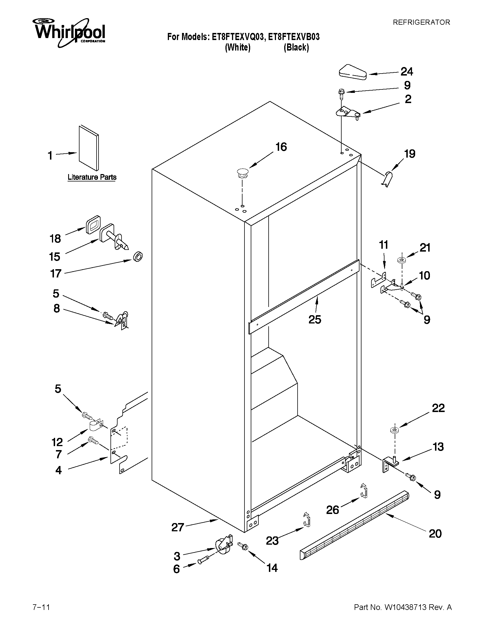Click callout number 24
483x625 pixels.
pyautogui.click(x=407, y=72)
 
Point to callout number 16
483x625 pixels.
pyautogui.click(x=281, y=147)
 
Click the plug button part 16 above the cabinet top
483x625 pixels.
pyautogui.click(x=242, y=173)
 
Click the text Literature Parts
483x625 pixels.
pyautogui.click(x=92, y=177)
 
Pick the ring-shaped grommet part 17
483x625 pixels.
pyautogui.click(x=138, y=257)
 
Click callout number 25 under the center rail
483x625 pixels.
pyautogui.click(x=315, y=319)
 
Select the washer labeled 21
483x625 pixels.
pyautogui.click(x=402, y=260)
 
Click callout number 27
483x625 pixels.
pyautogui.click(x=177, y=527)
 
